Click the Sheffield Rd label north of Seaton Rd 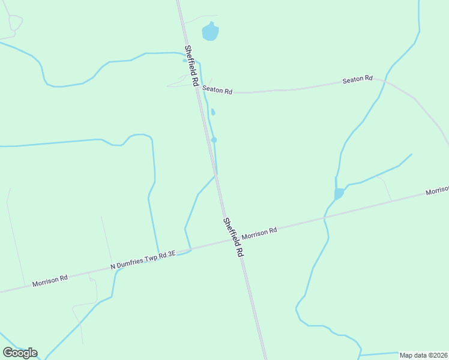coord(191,66)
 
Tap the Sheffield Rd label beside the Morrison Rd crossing coord(233,237)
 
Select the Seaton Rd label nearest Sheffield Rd coord(217,90)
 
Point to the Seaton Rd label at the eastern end coord(358,79)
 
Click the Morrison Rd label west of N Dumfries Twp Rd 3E coord(50,280)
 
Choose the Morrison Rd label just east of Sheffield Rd coord(259,232)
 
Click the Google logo coord(20,353)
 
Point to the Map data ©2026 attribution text coord(424,355)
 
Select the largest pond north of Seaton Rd coord(210,31)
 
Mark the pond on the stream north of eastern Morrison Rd coord(339,193)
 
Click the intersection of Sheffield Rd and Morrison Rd coord(228,240)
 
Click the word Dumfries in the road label coord(133,263)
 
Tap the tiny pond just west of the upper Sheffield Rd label coord(185,60)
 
